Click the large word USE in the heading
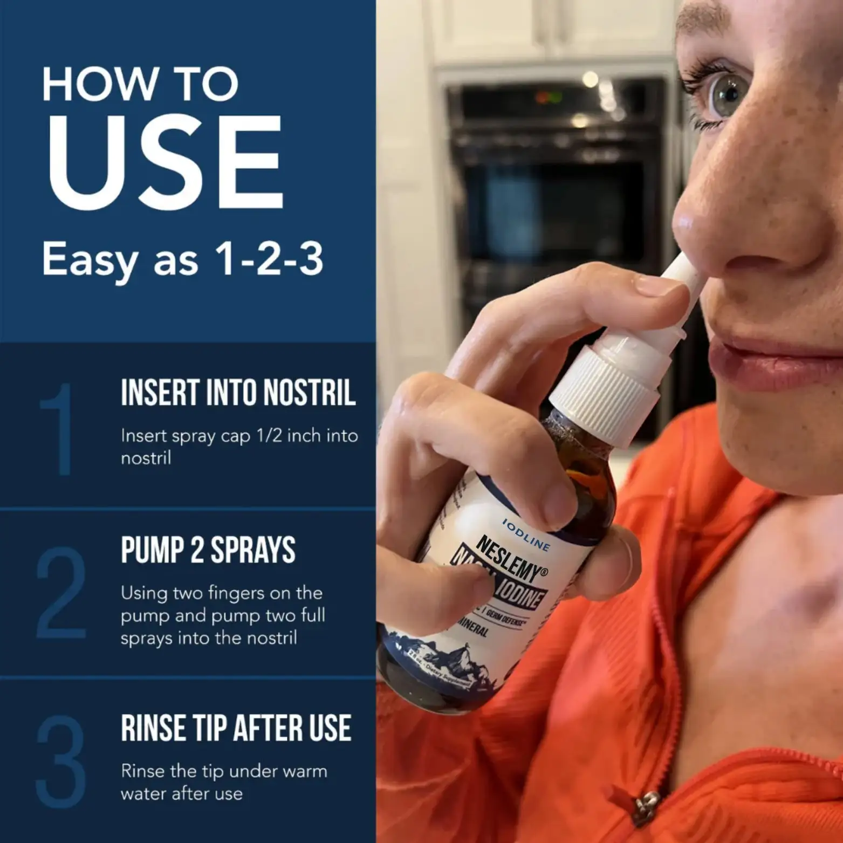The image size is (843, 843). (x=165, y=162)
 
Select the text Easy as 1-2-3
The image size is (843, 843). (x=182, y=260)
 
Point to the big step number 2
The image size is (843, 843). (x=61, y=593)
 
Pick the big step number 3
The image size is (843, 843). (x=61, y=761)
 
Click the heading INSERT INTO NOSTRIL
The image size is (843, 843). (x=238, y=393)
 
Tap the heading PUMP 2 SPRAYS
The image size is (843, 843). (x=208, y=550)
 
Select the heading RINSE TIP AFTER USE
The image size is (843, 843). (x=236, y=728)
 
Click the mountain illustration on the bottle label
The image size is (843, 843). (x=437, y=653)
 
